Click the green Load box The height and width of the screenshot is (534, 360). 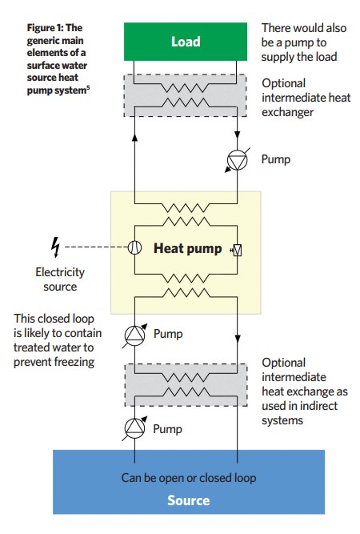point(186,42)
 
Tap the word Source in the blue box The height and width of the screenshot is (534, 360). point(189,500)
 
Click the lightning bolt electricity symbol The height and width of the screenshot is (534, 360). point(55,247)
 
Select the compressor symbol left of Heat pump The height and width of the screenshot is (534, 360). point(134,247)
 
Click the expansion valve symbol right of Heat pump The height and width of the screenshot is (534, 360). point(237,251)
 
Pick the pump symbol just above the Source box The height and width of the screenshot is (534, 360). point(134,428)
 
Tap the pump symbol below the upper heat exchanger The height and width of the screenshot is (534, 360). point(237,160)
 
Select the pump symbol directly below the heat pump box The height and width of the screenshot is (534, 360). point(134,335)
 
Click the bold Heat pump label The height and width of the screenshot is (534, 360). point(187,248)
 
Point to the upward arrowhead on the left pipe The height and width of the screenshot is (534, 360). point(134,137)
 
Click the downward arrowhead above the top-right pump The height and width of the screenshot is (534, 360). point(237,135)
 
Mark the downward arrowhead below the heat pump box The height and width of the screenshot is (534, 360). point(238,339)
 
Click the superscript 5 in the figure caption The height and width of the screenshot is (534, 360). point(88,88)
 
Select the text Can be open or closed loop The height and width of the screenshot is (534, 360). point(189,478)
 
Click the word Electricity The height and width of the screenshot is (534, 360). point(60,272)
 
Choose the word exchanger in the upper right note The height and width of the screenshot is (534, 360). point(287,112)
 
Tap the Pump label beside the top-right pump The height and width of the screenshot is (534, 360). point(276,159)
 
